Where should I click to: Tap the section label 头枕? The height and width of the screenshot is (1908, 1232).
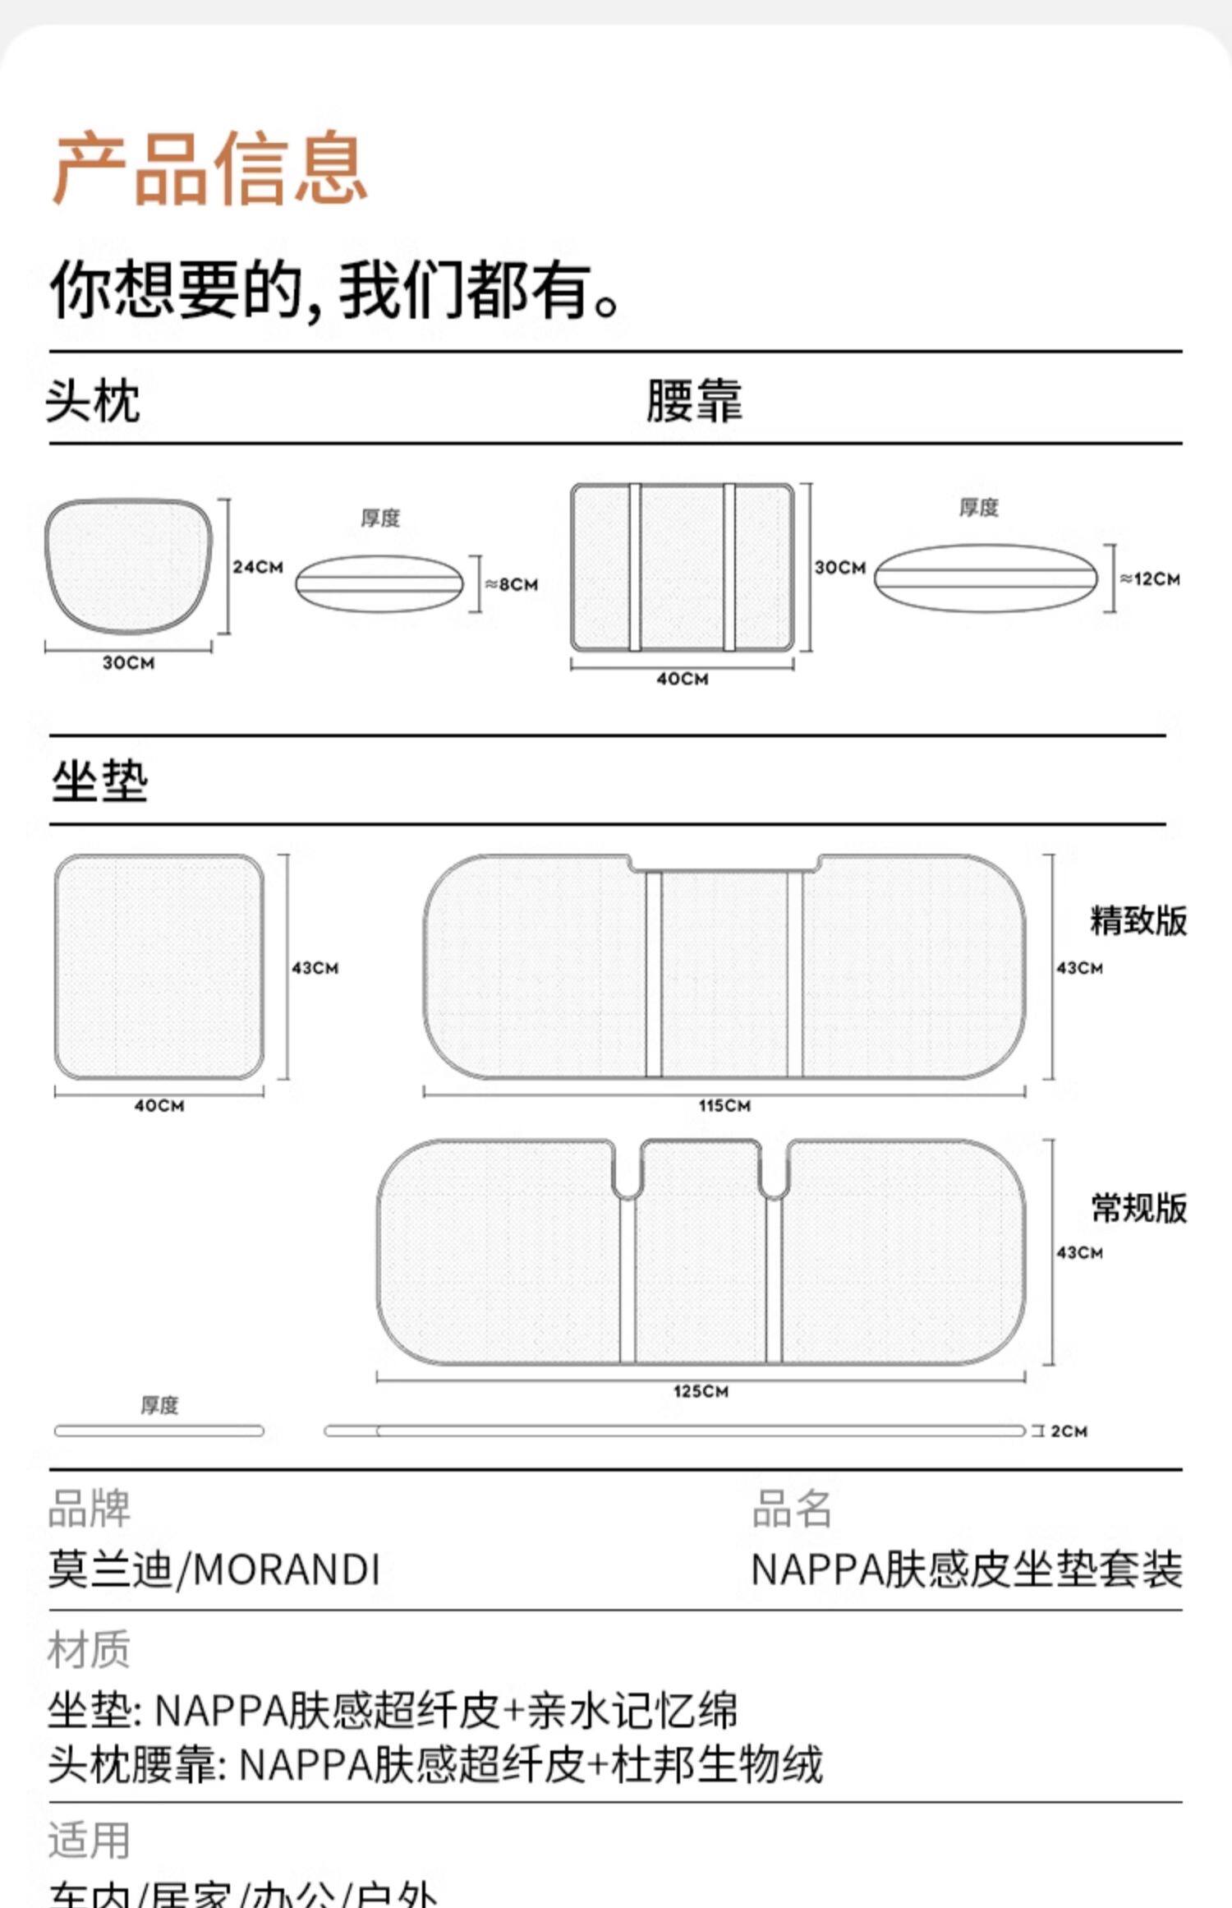[92, 401]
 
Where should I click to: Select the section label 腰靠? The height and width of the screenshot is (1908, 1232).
[694, 401]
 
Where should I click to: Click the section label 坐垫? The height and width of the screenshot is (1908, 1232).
[99, 781]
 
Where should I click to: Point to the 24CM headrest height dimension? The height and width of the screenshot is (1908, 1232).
[257, 567]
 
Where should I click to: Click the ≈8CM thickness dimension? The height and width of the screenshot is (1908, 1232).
[511, 584]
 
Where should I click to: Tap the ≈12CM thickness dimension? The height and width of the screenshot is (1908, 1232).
[1150, 579]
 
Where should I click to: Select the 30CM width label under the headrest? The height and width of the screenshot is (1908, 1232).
[128, 662]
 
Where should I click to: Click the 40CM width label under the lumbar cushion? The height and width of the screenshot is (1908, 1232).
[682, 679]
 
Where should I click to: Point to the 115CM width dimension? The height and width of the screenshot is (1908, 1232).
[724, 1105]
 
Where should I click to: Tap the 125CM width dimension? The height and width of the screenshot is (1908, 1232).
[701, 1391]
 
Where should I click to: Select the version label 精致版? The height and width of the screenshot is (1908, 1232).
[1138, 920]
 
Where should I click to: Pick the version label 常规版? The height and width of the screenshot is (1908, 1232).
[1138, 1208]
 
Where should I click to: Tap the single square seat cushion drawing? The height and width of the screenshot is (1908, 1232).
[159, 966]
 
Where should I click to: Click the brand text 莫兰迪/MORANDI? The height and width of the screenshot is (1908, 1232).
[214, 1569]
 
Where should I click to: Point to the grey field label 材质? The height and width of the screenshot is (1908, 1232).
[89, 1649]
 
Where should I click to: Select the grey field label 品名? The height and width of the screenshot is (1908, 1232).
[792, 1509]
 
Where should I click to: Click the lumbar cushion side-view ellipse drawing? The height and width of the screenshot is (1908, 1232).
[986, 578]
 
